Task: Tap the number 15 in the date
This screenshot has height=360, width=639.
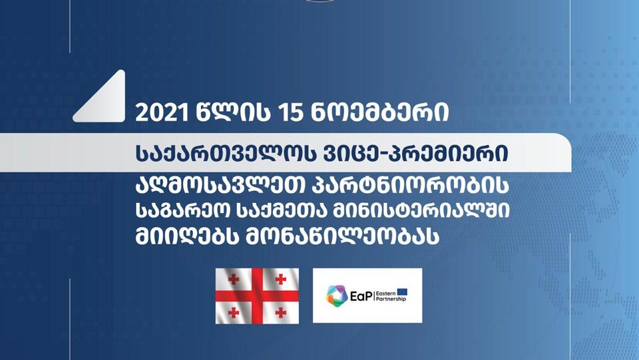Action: point(290,112)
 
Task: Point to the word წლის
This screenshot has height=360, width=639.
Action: point(233,112)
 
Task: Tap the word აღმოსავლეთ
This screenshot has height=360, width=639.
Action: point(220,185)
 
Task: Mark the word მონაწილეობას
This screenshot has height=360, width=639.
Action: point(342,236)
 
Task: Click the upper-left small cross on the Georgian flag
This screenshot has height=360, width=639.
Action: point(234,279)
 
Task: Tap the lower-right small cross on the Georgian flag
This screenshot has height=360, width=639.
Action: point(280,313)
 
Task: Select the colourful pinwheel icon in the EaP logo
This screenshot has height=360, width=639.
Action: point(337,296)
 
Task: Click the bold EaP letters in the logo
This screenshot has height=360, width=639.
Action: point(361,296)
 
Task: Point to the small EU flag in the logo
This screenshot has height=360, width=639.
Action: point(402,292)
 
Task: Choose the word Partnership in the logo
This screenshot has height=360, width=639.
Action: point(391,299)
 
